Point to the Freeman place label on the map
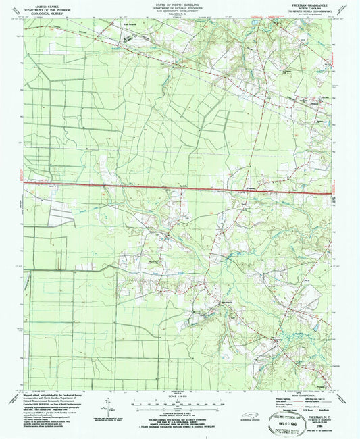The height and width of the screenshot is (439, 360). click(251, 188)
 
